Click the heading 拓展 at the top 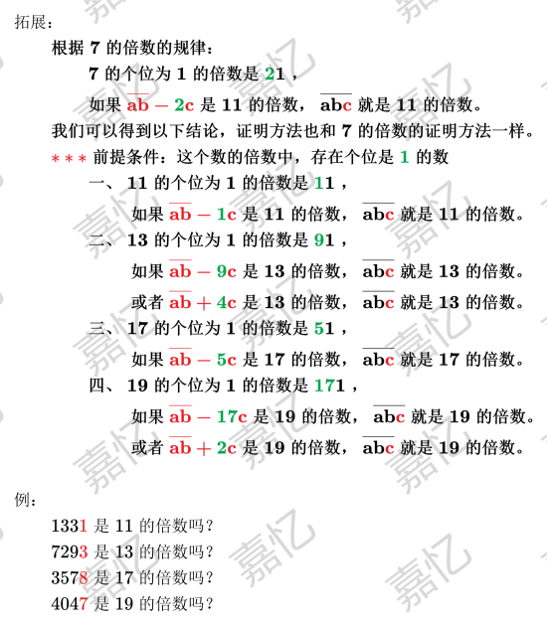[30, 22]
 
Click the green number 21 [274, 74]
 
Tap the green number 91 [324, 239]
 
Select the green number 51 [324, 328]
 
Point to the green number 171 [329, 386]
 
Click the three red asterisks [69, 159]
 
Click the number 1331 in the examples [70, 526]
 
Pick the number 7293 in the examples [70, 551]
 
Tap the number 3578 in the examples [70, 577]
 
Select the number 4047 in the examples [70, 603]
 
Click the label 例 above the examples [22, 499]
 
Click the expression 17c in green [232, 416]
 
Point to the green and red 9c [227, 271]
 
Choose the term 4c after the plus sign [227, 303]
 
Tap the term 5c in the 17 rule [227, 360]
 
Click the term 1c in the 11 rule [227, 215]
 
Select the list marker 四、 [101, 386]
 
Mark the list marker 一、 [101, 184]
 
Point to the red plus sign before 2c [203, 449]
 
